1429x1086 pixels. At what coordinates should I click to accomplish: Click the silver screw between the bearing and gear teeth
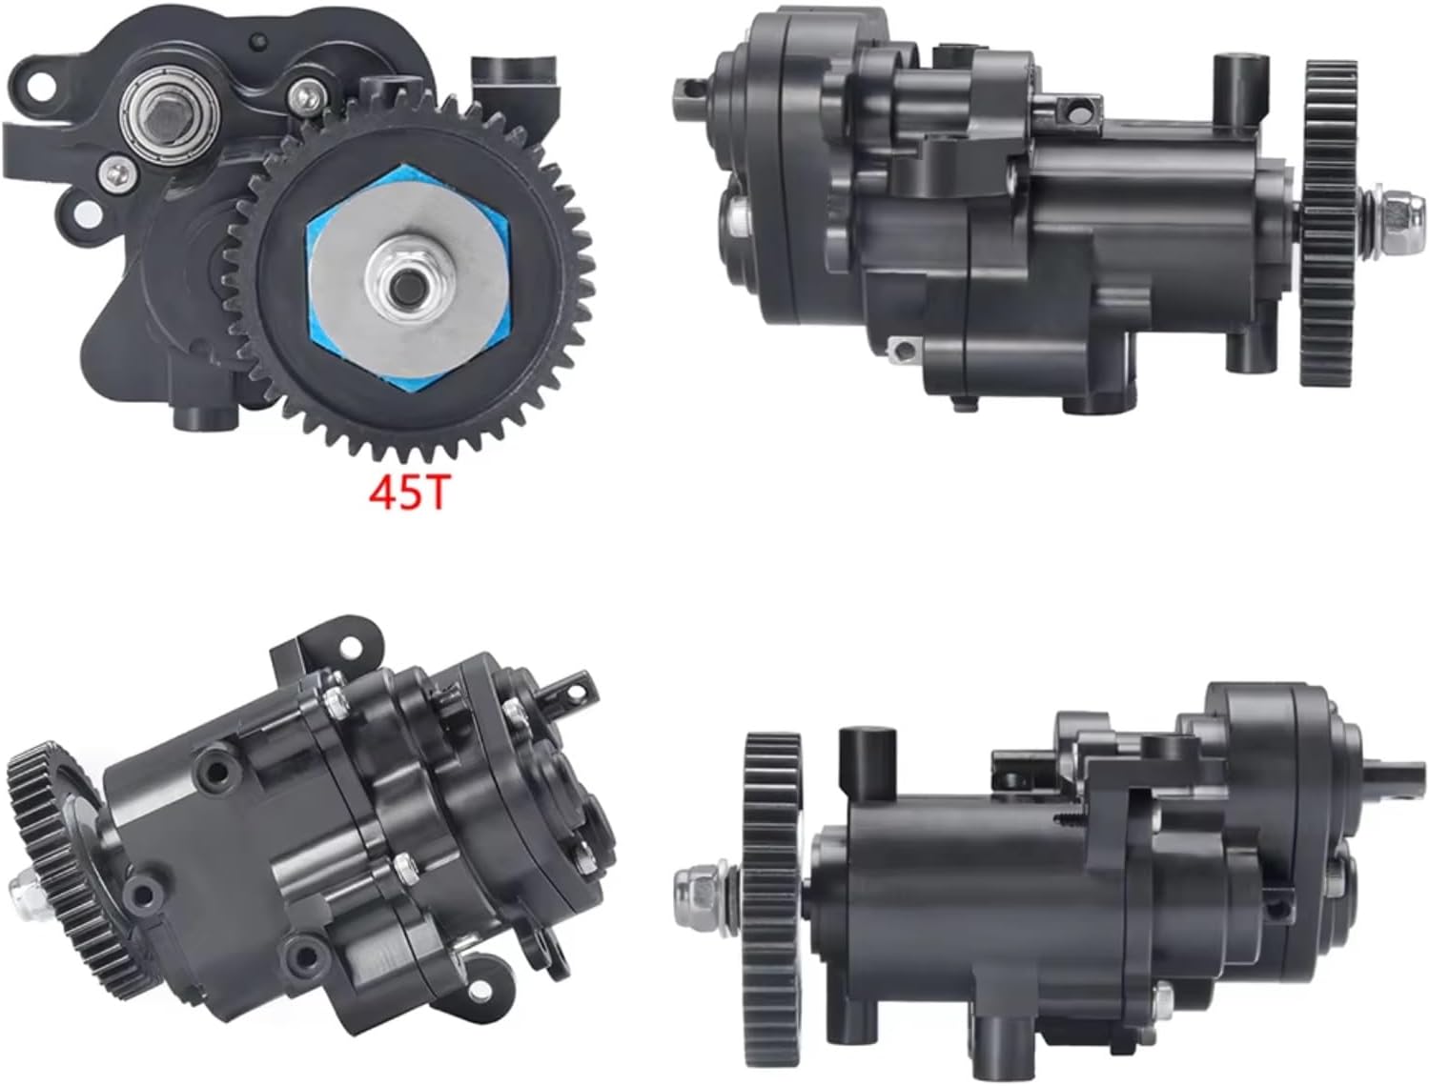coord(307,94)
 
